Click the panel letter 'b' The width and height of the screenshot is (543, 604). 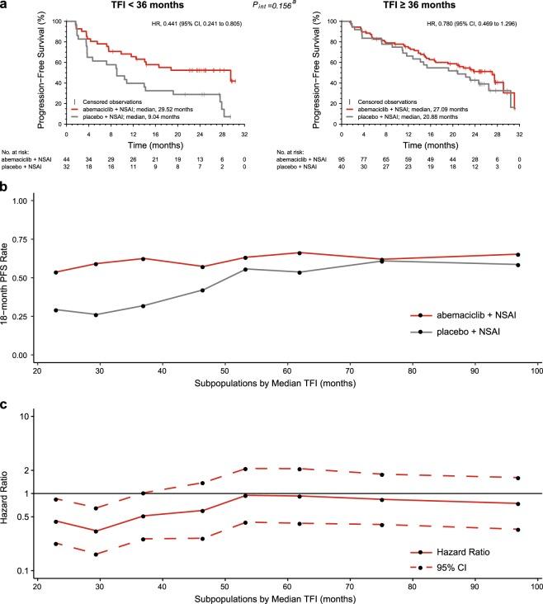point(5,189)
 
